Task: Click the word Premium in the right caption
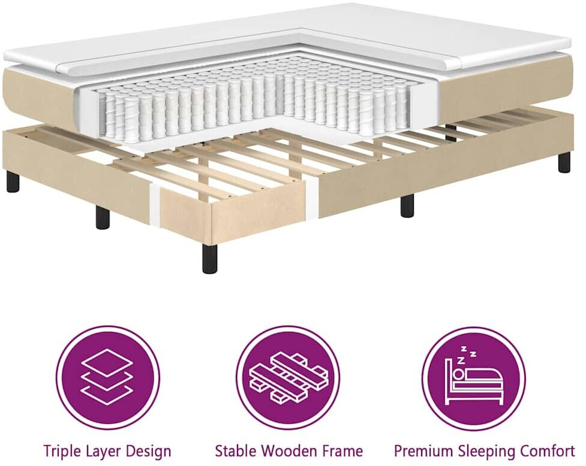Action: [419, 450]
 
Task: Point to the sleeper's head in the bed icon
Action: [456, 374]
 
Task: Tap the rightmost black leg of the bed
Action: [565, 162]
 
